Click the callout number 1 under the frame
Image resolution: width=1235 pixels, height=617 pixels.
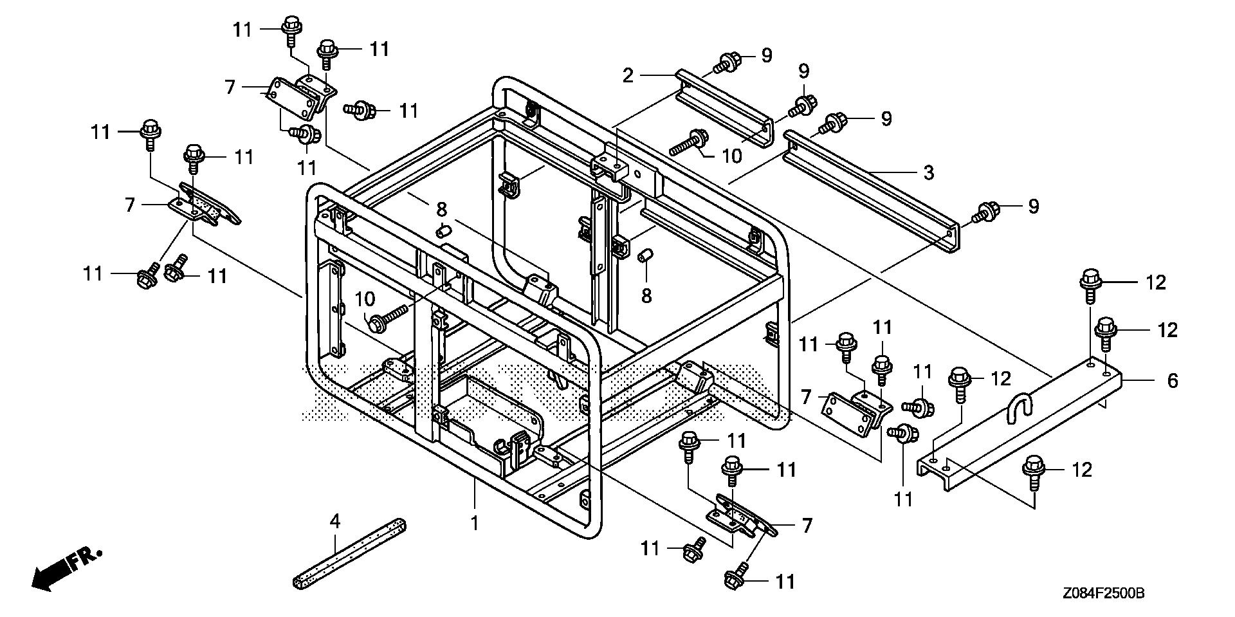point(475,523)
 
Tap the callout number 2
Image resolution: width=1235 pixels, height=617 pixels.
point(628,75)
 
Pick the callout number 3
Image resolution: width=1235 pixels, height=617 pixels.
point(928,172)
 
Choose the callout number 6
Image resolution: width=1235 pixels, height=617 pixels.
point(1173,381)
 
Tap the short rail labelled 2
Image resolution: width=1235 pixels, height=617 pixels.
point(724,109)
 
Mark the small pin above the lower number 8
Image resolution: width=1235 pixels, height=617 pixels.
point(646,257)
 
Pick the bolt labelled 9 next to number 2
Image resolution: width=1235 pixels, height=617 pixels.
point(727,62)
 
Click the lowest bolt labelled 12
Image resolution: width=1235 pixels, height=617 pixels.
point(1034,468)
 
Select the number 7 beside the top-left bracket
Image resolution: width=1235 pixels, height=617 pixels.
point(230,87)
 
